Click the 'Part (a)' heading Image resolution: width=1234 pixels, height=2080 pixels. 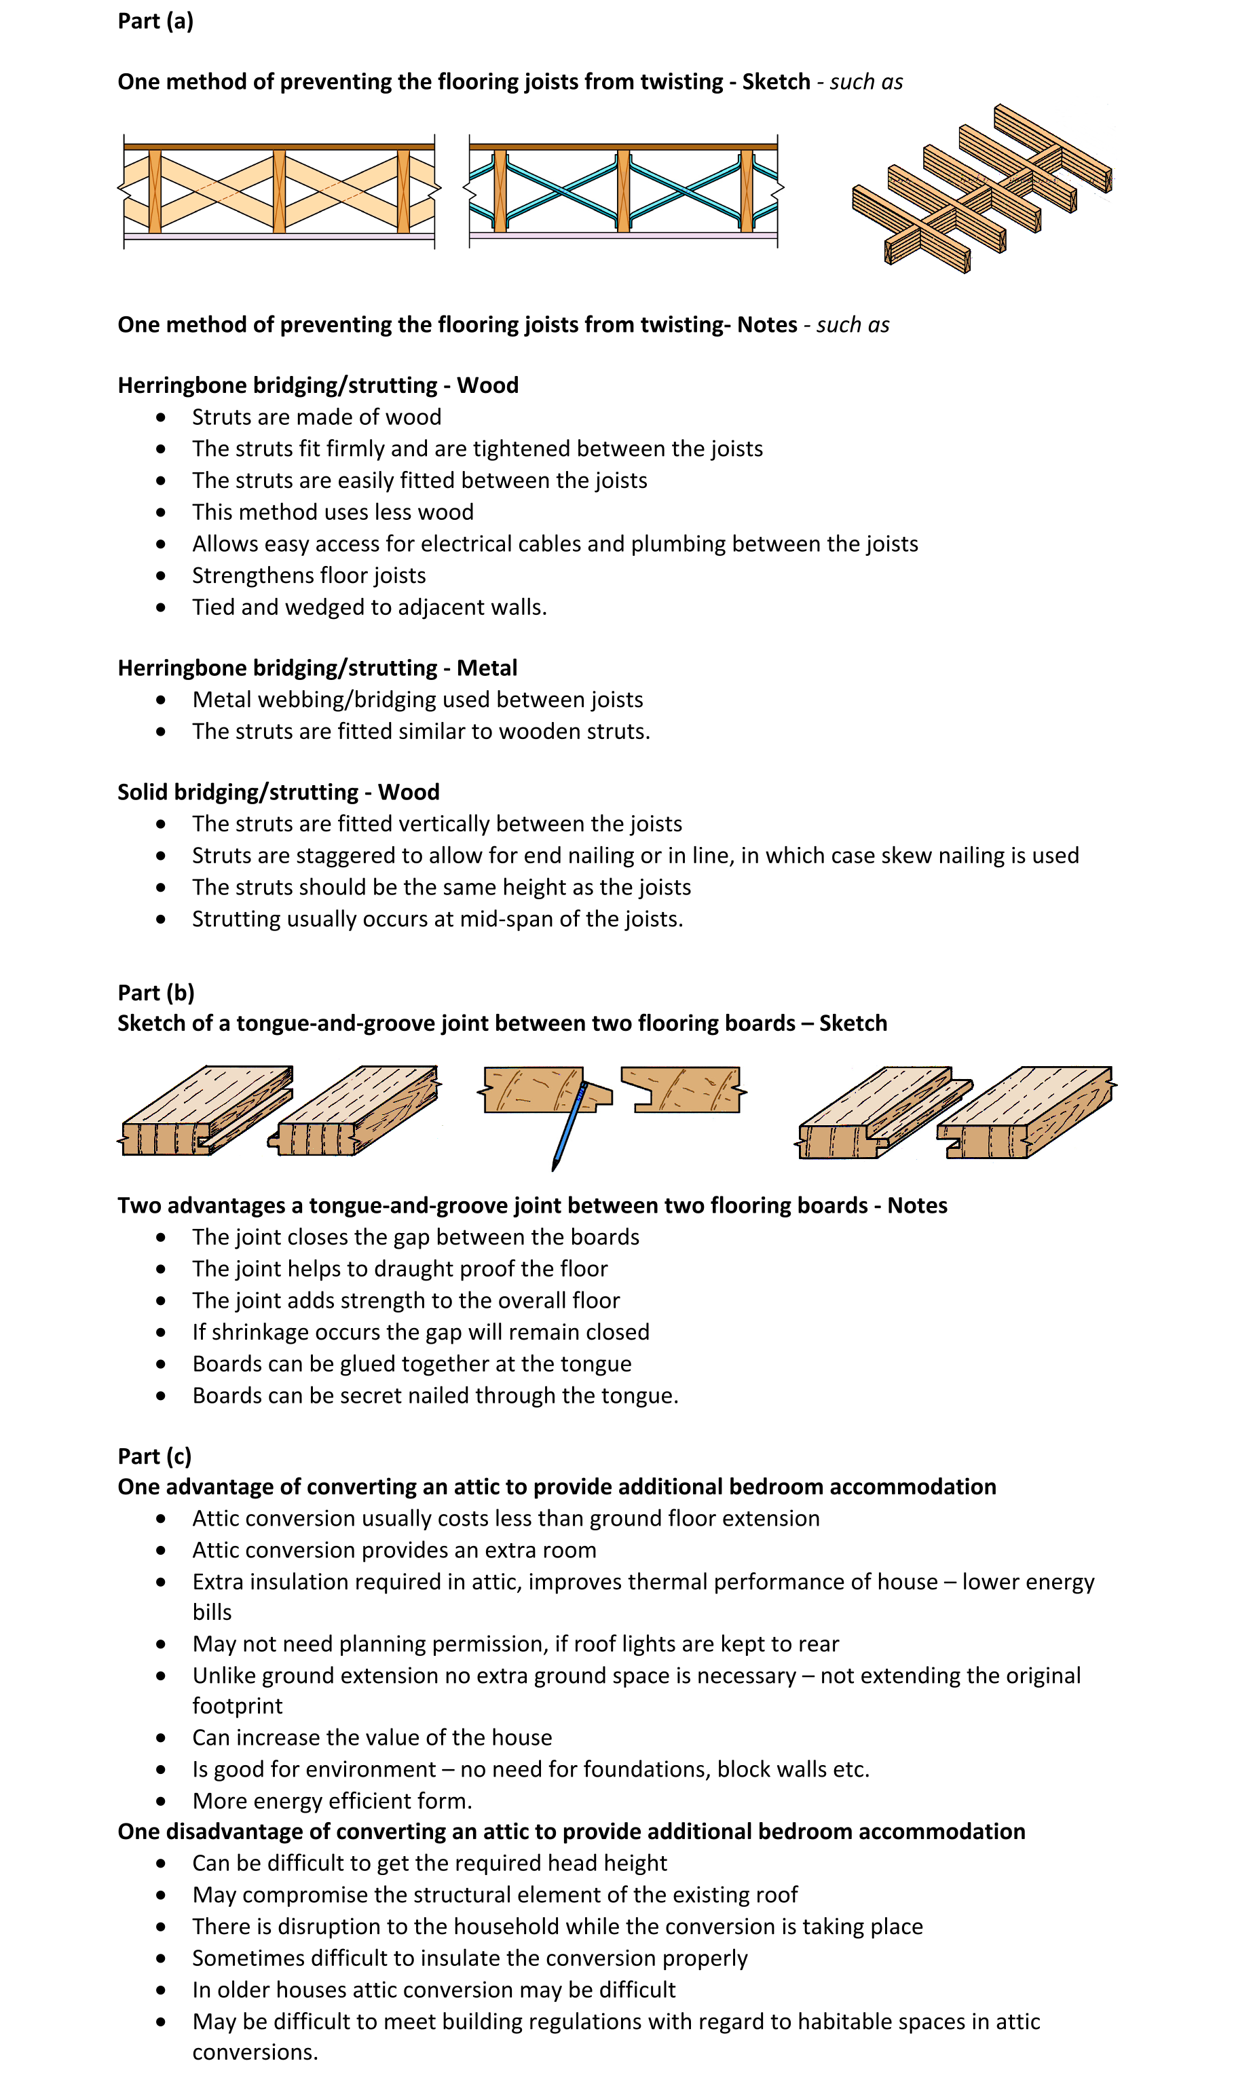(x=155, y=21)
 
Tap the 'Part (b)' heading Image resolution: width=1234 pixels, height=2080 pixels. (x=155, y=993)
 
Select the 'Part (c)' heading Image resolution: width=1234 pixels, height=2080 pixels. (x=155, y=1456)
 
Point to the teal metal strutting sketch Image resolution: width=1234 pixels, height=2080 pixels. (x=623, y=191)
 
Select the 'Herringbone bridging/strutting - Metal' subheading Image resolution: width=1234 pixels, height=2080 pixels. (x=317, y=668)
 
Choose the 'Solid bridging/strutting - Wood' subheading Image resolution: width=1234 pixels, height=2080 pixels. (x=278, y=791)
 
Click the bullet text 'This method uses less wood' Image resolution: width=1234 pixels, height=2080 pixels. (x=333, y=512)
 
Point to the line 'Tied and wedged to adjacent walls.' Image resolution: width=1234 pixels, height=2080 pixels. (x=369, y=607)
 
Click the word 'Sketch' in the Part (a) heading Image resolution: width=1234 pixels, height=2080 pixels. (x=776, y=81)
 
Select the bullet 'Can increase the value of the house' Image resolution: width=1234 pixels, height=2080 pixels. (x=372, y=1737)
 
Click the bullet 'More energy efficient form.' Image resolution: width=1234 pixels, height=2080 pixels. (x=332, y=1800)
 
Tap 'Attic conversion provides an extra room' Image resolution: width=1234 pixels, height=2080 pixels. (x=394, y=1549)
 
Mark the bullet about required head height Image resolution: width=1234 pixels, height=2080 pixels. (x=429, y=1863)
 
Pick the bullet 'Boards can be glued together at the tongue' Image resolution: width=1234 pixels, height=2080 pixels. (x=411, y=1363)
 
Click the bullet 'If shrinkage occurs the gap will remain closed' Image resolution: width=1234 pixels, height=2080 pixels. (x=421, y=1331)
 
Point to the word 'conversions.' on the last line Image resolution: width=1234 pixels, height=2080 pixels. (x=255, y=2051)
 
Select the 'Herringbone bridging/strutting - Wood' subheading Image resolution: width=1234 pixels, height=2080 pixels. (x=318, y=385)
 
